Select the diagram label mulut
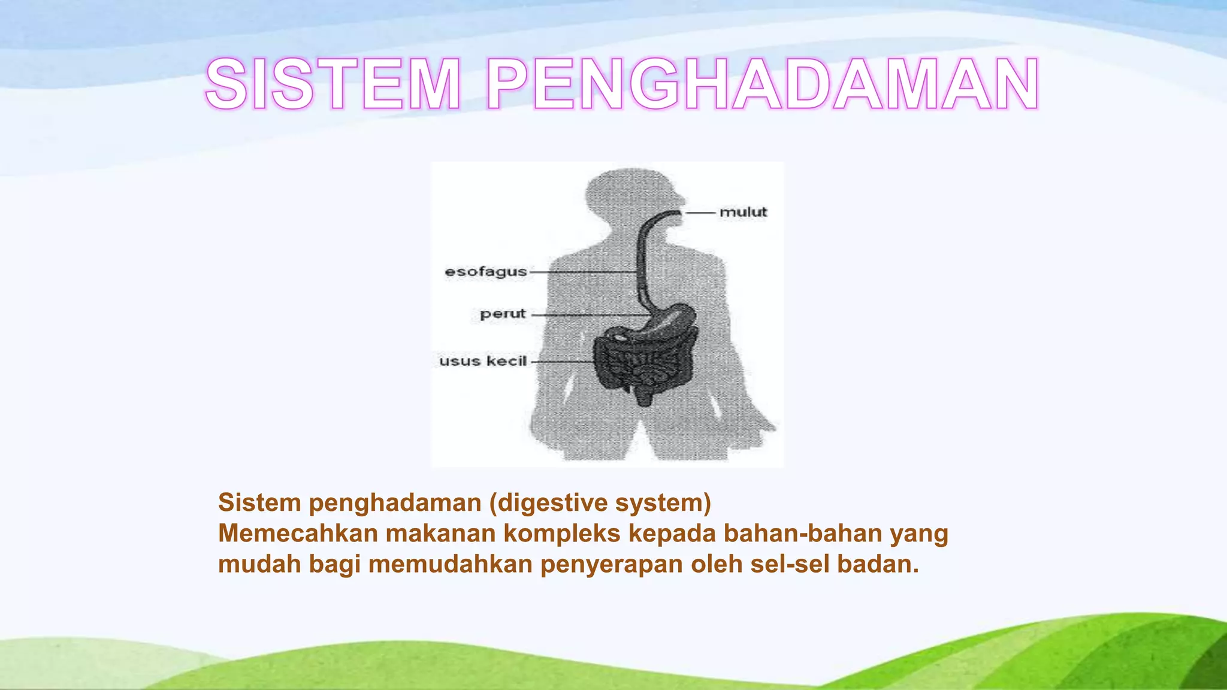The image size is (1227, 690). point(743,212)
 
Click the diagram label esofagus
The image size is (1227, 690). point(485,272)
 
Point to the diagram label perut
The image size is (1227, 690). point(502,314)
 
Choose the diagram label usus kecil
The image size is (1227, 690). point(483,361)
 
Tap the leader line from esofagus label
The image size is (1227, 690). point(581,273)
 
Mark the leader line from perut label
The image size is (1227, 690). point(590,314)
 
